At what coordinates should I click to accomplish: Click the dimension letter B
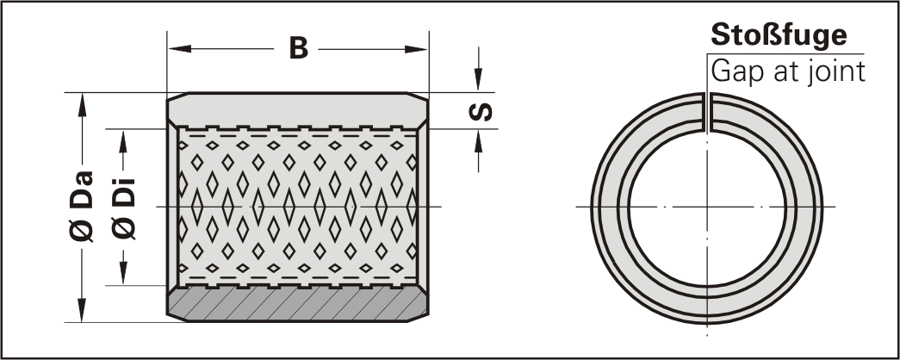[298, 50]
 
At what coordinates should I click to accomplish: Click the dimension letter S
[484, 112]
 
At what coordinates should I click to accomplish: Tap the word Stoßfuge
[777, 36]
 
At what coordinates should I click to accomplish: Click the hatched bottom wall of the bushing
[298, 304]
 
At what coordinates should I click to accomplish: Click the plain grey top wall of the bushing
[298, 110]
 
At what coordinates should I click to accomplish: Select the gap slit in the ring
[706, 112]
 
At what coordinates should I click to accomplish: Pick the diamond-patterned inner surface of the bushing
[298, 207]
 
